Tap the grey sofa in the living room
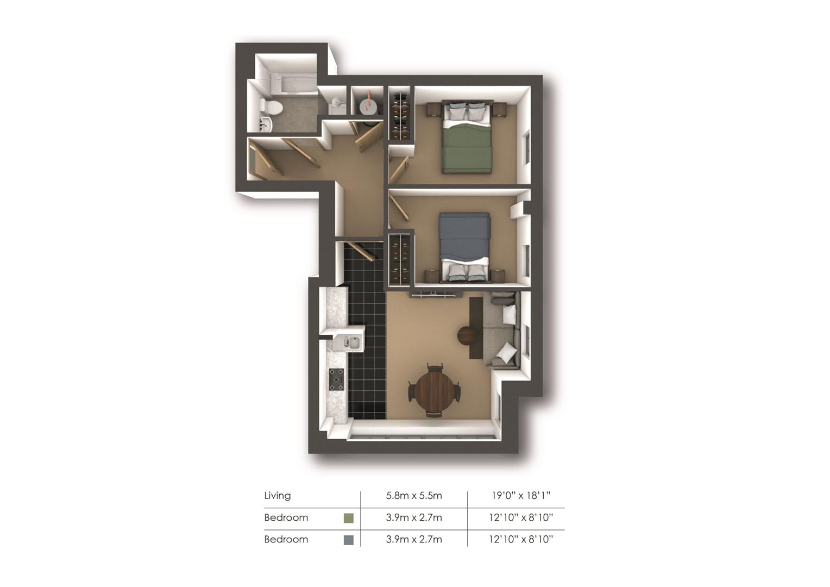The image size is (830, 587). coord(501,330)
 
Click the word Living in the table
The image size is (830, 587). coord(277,495)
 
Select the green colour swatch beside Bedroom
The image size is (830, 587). coord(348,518)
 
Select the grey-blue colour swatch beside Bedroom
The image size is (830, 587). coord(348,540)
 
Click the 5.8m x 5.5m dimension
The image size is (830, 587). coord(414,496)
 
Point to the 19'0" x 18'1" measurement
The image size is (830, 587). coord(521,495)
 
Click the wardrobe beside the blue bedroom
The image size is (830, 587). coord(401,260)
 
